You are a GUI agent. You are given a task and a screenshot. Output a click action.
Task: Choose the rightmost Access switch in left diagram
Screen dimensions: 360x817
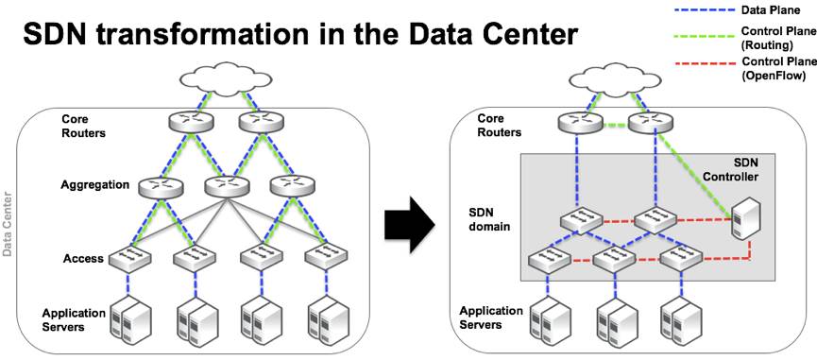(x=323, y=254)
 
